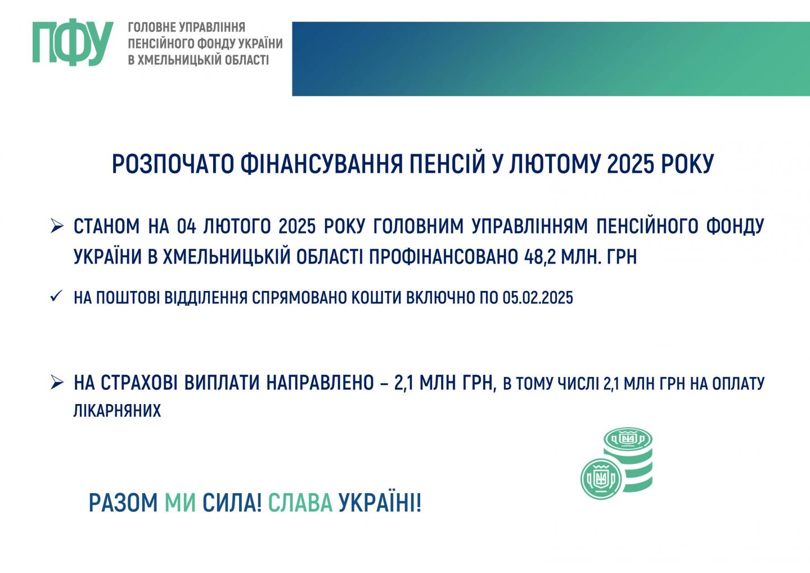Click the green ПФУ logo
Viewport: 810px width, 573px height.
(73, 42)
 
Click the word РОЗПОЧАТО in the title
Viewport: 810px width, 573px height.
(172, 164)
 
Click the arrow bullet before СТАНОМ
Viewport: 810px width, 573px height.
(57, 226)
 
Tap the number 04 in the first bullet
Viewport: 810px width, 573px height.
(186, 227)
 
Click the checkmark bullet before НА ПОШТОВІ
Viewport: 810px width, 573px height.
(56, 296)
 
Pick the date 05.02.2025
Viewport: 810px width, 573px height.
(538, 298)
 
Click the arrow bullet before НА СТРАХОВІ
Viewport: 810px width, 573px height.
(57, 382)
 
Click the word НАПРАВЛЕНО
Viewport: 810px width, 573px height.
(320, 383)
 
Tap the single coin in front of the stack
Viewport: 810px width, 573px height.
(601, 479)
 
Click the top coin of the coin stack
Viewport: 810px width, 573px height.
(628, 440)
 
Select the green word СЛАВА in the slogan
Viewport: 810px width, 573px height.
(300, 503)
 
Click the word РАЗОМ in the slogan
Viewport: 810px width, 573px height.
(123, 503)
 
